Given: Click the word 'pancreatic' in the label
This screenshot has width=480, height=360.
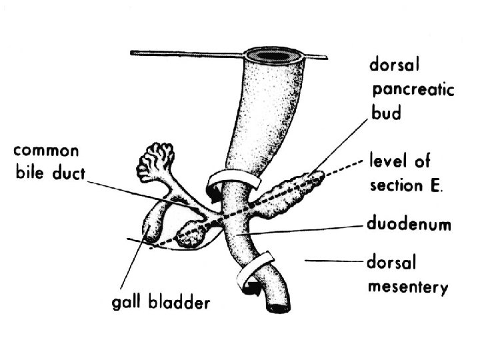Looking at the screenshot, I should click(411, 89).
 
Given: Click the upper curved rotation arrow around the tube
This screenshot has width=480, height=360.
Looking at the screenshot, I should click(231, 183).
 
